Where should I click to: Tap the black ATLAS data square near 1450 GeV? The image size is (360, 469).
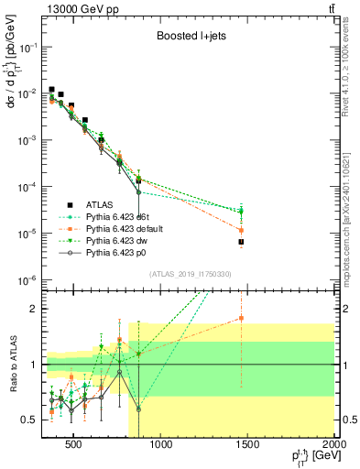tap(241, 242)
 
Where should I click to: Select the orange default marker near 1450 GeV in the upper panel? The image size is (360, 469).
tap(241, 230)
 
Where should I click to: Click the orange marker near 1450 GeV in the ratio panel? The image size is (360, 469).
tap(241, 318)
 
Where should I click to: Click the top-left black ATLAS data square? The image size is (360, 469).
tap(52, 90)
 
